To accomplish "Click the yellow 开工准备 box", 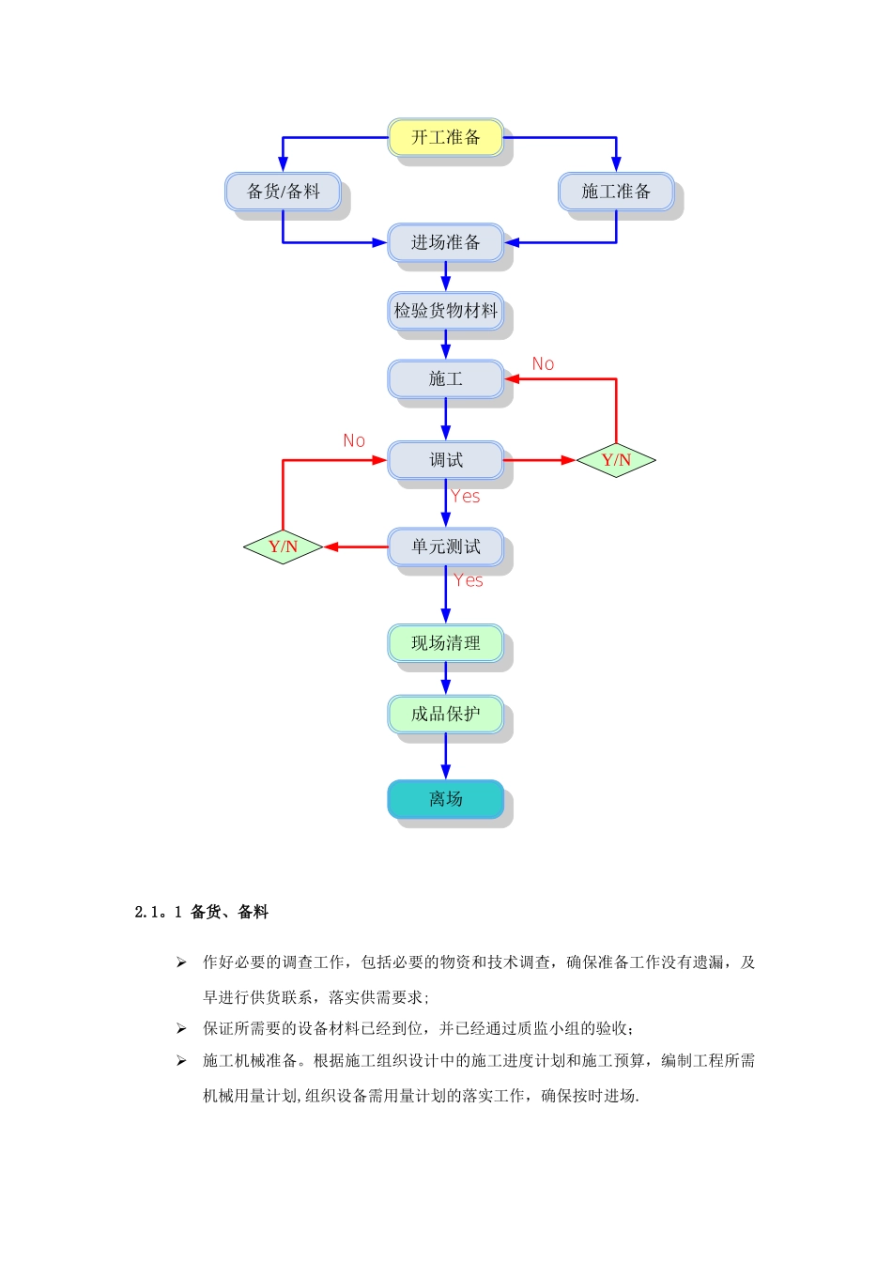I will click(445, 138).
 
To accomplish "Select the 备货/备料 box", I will click(283, 192).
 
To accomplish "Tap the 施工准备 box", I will click(616, 192).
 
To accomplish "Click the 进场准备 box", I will click(445, 242).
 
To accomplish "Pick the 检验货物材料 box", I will click(445, 311).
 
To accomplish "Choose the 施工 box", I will click(445, 379).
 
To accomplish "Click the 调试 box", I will click(445, 460).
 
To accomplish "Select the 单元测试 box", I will click(445, 546).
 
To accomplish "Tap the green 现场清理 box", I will click(445, 643).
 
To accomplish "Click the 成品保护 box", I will click(445, 715).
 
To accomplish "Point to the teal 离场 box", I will click(445, 799).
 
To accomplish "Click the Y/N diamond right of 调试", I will click(616, 460).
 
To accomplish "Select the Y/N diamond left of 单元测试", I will click(283, 546).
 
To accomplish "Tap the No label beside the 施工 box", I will click(543, 364).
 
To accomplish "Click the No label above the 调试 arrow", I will click(354, 441).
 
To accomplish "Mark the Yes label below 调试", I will click(466, 497).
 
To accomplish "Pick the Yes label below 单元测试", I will click(469, 581).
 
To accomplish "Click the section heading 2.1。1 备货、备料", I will click(202, 912).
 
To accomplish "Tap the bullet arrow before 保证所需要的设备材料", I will click(181, 1029).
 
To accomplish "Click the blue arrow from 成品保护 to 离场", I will click(445, 757).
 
